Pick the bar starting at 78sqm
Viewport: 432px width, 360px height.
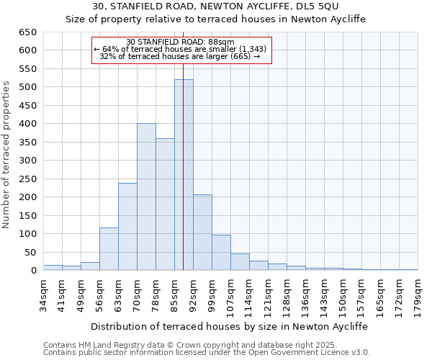[x=165, y=204]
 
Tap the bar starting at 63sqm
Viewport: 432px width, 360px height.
[x=127, y=227]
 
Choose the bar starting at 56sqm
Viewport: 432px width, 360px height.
[x=109, y=249]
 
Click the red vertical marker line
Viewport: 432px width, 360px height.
[x=184, y=144]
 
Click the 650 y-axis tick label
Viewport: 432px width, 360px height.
[x=28, y=32]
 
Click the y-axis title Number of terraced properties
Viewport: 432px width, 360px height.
[x=6, y=154]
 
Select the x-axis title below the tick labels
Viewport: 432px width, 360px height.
[x=230, y=326]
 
